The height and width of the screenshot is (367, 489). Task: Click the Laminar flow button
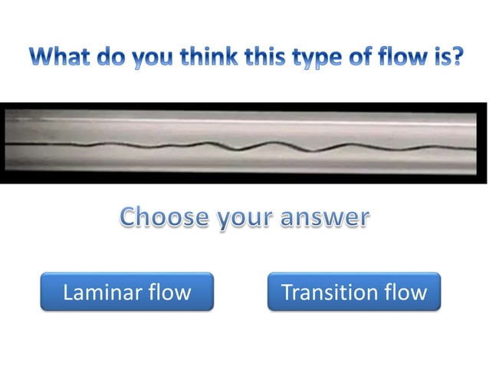(x=126, y=292)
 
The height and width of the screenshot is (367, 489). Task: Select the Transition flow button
(x=354, y=292)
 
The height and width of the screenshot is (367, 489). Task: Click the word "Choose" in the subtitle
(x=162, y=217)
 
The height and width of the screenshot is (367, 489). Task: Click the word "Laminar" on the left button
(x=99, y=293)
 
